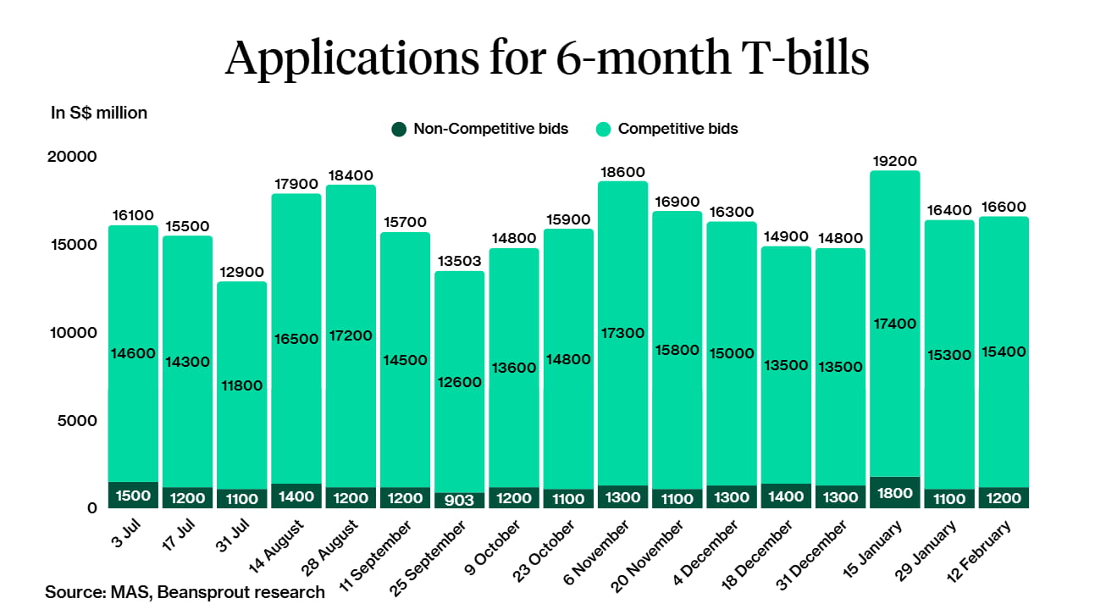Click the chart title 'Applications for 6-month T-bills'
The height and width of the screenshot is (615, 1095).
[x=547, y=58]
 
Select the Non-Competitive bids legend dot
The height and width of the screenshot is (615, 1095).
[x=398, y=130]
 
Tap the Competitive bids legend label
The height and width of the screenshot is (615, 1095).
[x=677, y=130]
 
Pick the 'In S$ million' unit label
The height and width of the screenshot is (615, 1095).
[x=99, y=113]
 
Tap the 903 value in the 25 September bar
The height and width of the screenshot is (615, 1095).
[x=461, y=501]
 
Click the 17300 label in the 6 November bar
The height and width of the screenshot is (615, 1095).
[x=623, y=334]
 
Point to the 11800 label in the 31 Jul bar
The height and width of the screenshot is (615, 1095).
[x=242, y=385]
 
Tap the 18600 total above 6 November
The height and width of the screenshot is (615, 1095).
[x=623, y=171]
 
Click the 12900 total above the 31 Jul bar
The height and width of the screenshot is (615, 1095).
[x=242, y=272]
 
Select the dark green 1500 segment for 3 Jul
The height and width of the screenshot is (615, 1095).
[x=134, y=496]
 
